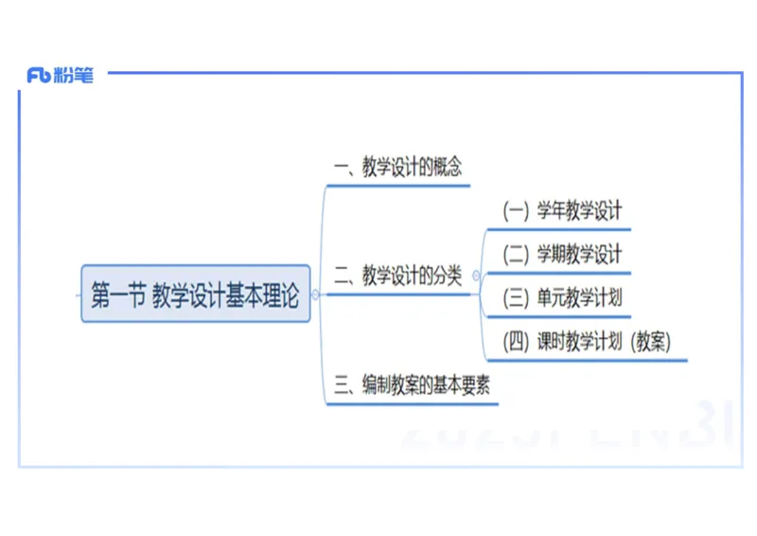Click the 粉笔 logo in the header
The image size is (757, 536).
pos(61,77)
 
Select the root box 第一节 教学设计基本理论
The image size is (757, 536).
pos(196,295)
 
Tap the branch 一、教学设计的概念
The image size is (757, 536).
pos(398,169)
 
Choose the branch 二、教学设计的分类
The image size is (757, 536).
pos(398,277)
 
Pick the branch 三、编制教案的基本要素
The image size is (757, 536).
pos(413,386)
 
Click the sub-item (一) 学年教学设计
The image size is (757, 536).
pos(562,211)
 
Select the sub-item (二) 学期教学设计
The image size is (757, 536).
pos(562,255)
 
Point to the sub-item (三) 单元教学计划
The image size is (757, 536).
pos(562,298)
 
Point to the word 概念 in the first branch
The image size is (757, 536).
pos(448,169)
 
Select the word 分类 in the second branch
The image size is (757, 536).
pos(448,277)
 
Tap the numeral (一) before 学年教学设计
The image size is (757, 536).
pos(516,211)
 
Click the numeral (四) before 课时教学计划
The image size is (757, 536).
pos(516,343)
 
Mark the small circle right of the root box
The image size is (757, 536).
pos(315,295)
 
